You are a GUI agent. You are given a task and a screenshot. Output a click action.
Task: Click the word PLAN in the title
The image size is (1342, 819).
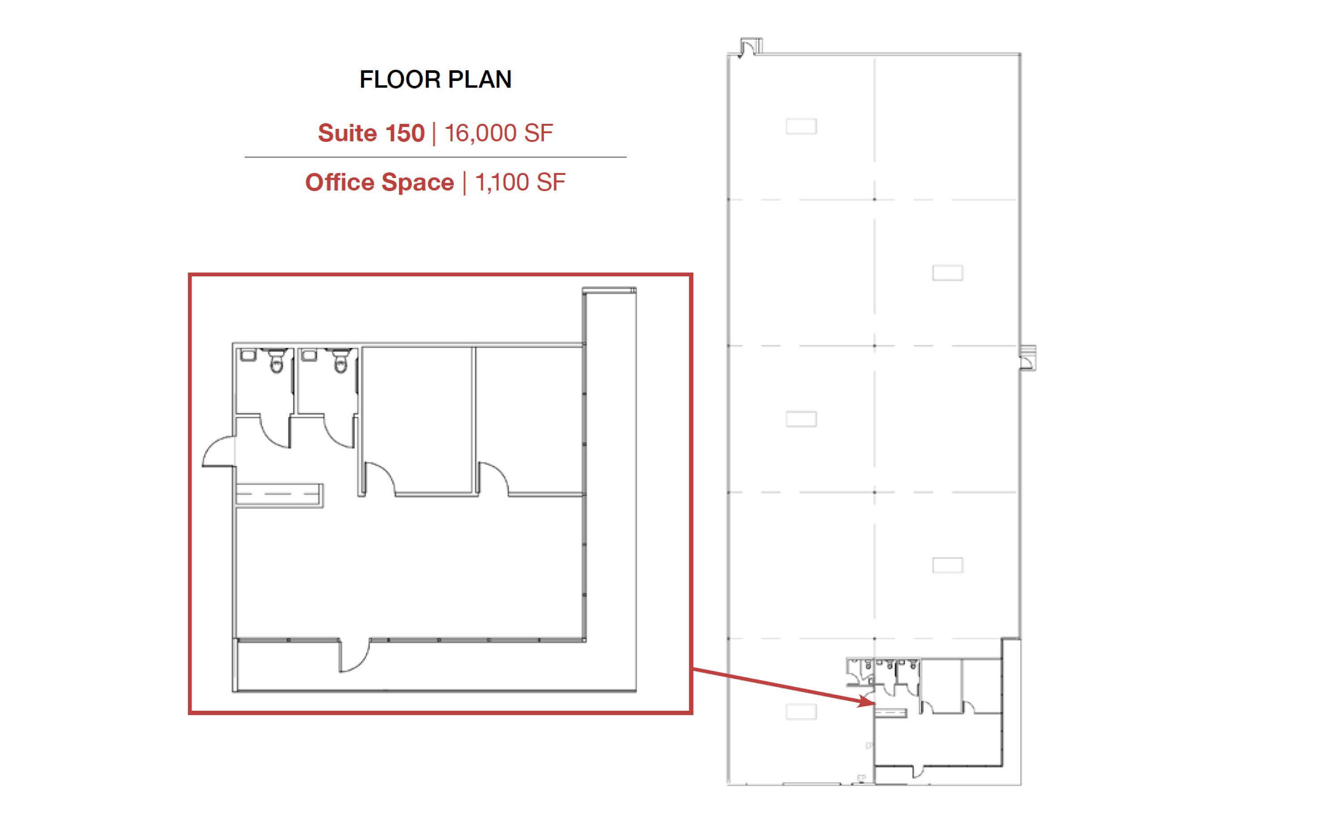[480, 80]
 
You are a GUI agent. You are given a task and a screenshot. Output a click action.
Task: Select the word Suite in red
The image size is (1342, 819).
[348, 133]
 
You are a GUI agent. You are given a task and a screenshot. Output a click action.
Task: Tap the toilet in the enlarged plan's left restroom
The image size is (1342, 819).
[277, 361]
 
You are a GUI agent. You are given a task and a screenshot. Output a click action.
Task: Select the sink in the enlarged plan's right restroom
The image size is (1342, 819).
[309, 355]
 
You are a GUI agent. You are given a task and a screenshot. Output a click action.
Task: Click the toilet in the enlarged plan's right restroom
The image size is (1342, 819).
[340, 361]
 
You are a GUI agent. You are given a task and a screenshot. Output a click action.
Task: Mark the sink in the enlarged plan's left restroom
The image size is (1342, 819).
[248, 355]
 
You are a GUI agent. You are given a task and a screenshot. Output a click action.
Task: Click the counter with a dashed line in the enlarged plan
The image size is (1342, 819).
[279, 495]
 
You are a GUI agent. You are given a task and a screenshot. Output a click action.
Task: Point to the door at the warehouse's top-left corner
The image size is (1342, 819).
[751, 47]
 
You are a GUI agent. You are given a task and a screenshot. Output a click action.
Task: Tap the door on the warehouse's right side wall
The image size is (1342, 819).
[1028, 358]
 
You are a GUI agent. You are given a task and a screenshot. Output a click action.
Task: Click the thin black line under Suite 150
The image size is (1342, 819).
[435, 157]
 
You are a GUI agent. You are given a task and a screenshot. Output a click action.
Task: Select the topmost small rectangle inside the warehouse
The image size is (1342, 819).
[801, 126]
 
